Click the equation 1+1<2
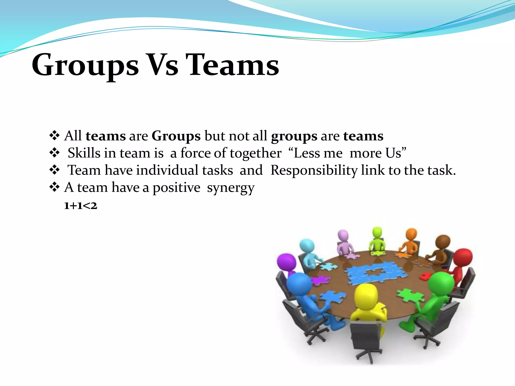click(80, 206)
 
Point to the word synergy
click(231, 188)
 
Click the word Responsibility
click(314, 170)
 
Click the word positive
click(176, 188)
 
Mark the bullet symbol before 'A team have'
click(54, 187)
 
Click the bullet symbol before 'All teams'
click(54, 136)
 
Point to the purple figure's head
click(286, 261)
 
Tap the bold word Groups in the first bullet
click(176, 136)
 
